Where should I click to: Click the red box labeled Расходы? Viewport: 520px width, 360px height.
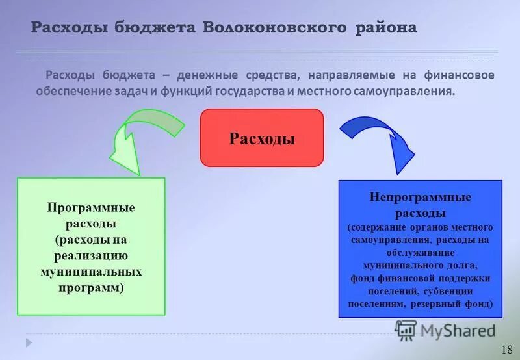point(261,138)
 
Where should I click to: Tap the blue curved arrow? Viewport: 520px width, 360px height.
point(377,137)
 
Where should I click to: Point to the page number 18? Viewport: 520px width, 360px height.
point(507,350)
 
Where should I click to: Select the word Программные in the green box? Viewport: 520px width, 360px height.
point(90,207)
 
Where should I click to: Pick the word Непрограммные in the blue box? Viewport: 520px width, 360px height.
point(420,197)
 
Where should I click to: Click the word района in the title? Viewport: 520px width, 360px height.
point(385,28)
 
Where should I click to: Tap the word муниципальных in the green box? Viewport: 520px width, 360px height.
point(90,271)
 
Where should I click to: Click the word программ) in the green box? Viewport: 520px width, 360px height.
point(90,287)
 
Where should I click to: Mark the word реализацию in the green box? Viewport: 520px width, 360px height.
point(90,255)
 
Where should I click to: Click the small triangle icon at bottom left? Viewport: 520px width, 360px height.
point(29,341)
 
